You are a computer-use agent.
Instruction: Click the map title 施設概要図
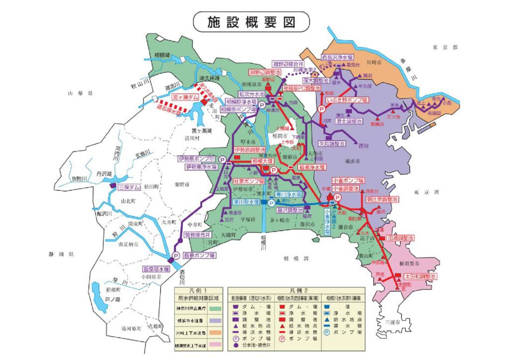(251, 22)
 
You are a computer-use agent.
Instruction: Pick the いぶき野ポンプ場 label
(347, 100)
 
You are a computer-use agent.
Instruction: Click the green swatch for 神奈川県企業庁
(215, 309)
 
